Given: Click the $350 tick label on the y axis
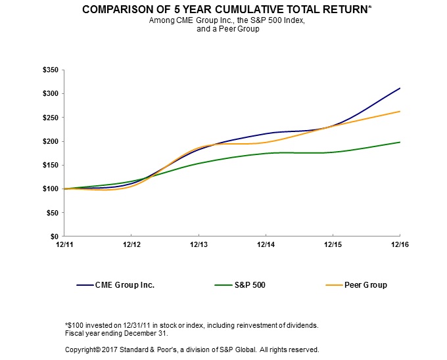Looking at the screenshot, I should pyautogui.click(x=50, y=70).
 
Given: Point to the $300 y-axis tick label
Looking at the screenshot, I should pyautogui.click(x=50, y=93).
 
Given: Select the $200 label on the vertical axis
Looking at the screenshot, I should pyautogui.click(x=50, y=141).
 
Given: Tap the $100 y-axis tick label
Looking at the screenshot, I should pyautogui.click(x=50, y=189).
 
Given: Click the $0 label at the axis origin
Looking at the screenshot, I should pyautogui.click(x=54, y=236).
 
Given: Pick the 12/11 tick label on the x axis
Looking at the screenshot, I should pyautogui.click(x=64, y=244).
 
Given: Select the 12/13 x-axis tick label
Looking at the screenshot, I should pyautogui.click(x=199, y=244).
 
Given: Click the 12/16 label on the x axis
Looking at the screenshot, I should pyautogui.click(x=400, y=244).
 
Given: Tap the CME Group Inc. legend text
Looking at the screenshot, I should pyautogui.click(x=124, y=286).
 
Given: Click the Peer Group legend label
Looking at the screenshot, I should pyautogui.click(x=365, y=286).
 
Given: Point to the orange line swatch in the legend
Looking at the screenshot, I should pyautogui.click(x=334, y=286).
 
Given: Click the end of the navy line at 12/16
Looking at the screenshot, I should pyautogui.click(x=400, y=88).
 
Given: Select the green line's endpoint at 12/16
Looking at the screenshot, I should pyautogui.click(x=400, y=142).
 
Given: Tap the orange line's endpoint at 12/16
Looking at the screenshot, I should pyautogui.click(x=400, y=112).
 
